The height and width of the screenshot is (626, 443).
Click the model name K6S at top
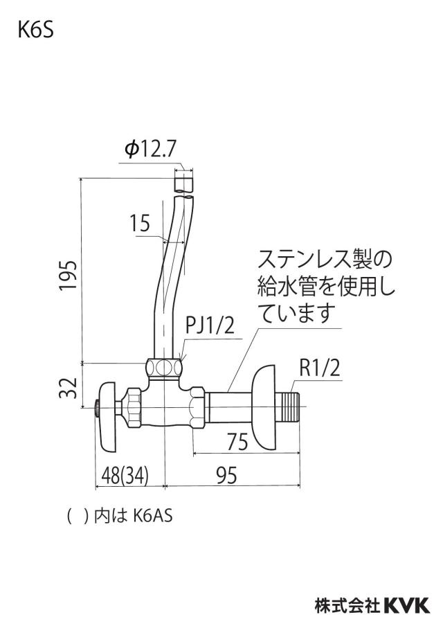[35, 30]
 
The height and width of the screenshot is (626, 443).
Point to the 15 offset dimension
[139, 223]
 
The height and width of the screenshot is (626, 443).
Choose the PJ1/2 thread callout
[210, 326]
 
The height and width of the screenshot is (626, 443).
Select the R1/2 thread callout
[320, 368]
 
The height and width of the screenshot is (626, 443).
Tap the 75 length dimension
[237, 442]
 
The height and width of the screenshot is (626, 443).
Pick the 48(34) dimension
[125, 475]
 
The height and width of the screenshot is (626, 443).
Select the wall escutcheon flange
[264, 408]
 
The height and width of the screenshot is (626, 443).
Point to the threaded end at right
[288, 406]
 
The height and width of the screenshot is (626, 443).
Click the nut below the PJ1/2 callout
[164, 368]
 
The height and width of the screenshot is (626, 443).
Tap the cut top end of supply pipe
[184, 181]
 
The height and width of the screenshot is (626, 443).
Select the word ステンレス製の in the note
[325, 259]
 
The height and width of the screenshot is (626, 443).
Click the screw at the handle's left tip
[97, 408]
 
